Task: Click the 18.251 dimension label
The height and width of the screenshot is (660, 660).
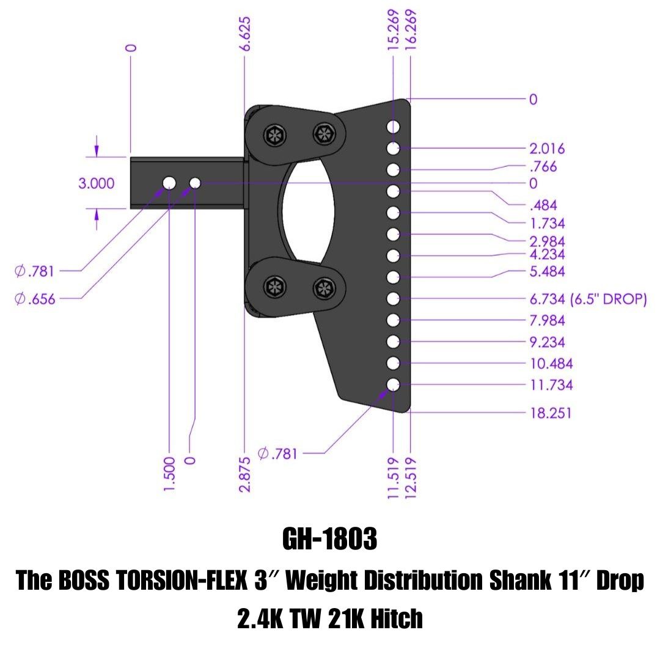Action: click(551, 413)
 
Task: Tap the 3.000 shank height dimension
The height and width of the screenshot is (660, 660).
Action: click(96, 183)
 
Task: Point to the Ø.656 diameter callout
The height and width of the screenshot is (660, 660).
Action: click(35, 299)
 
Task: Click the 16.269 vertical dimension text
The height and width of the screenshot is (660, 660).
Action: click(410, 29)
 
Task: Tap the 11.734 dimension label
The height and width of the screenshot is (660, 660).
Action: click(551, 386)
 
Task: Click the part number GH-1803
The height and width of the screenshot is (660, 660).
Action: click(330, 540)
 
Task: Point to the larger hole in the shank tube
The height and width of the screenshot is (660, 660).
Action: click(169, 183)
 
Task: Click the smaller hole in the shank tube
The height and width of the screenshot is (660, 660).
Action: click(195, 183)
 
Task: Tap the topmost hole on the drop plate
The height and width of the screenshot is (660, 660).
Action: click(393, 127)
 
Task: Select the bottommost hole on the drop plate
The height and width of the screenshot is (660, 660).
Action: click(393, 385)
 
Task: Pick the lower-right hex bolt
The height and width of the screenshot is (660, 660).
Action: click(323, 287)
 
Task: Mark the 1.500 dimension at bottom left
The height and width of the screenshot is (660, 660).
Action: click(170, 472)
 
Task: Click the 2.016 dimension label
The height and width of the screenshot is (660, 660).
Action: click(548, 148)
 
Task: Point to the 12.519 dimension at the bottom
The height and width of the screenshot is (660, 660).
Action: click(410, 477)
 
